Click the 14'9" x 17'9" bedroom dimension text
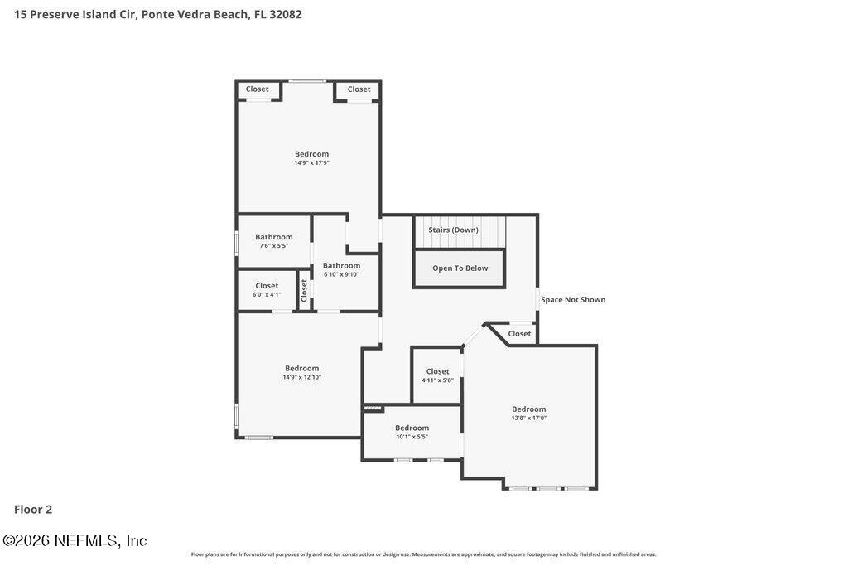click(x=311, y=163)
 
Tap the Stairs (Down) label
click(x=453, y=230)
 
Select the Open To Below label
click(x=460, y=268)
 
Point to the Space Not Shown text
click(x=573, y=300)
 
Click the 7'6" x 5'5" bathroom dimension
click(x=273, y=246)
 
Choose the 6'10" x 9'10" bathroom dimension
click(x=341, y=274)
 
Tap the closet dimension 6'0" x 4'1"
click(x=267, y=294)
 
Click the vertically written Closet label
click(x=304, y=289)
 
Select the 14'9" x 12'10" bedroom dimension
click(x=301, y=377)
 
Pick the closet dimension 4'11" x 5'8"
click(x=437, y=380)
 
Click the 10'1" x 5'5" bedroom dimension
click(x=412, y=437)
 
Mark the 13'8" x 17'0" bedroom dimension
click(x=528, y=418)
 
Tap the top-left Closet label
click(x=257, y=89)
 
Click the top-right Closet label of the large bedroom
click(x=359, y=89)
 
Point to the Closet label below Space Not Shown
click(x=519, y=334)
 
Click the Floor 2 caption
click(x=33, y=510)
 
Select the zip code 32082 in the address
click(x=286, y=14)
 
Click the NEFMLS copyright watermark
click(x=75, y=540)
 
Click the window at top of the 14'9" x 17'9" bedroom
click(x=307, y=80)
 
